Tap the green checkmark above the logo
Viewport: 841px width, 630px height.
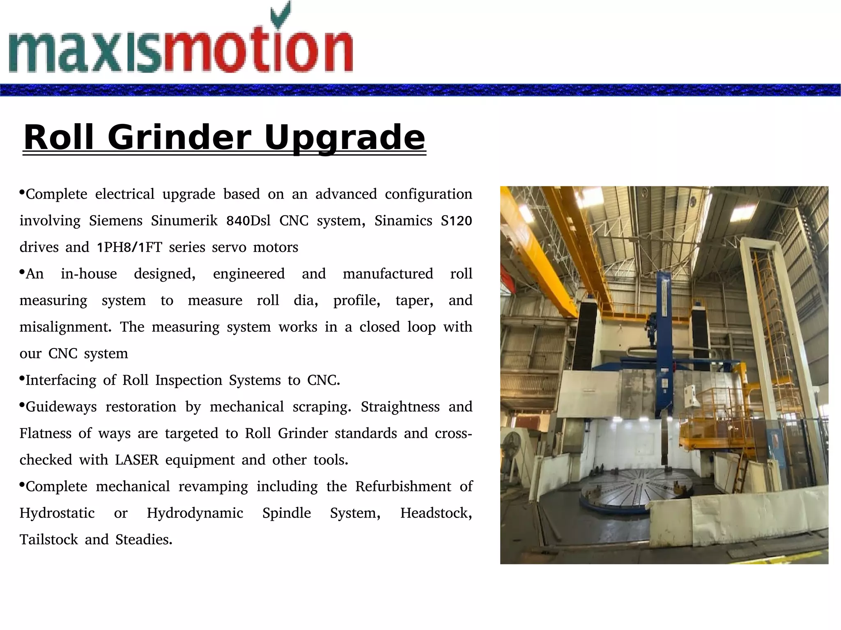coord(281,15)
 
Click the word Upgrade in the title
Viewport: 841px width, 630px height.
coord(344,137)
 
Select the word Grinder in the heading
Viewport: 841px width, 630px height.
coord(179,137)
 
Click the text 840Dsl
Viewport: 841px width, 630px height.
coord(248,221)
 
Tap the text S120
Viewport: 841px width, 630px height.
coord(456,221)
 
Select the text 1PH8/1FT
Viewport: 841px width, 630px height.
coord(129,247)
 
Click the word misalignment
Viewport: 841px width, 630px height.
coord(65,327)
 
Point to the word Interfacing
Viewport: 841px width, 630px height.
coord(61,380)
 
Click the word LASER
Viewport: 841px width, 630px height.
coord(137,460)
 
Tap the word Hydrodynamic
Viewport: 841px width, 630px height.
coord(195,513)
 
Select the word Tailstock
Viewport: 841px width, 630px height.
coord(48,540)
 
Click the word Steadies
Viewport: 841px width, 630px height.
coord(144,540)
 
